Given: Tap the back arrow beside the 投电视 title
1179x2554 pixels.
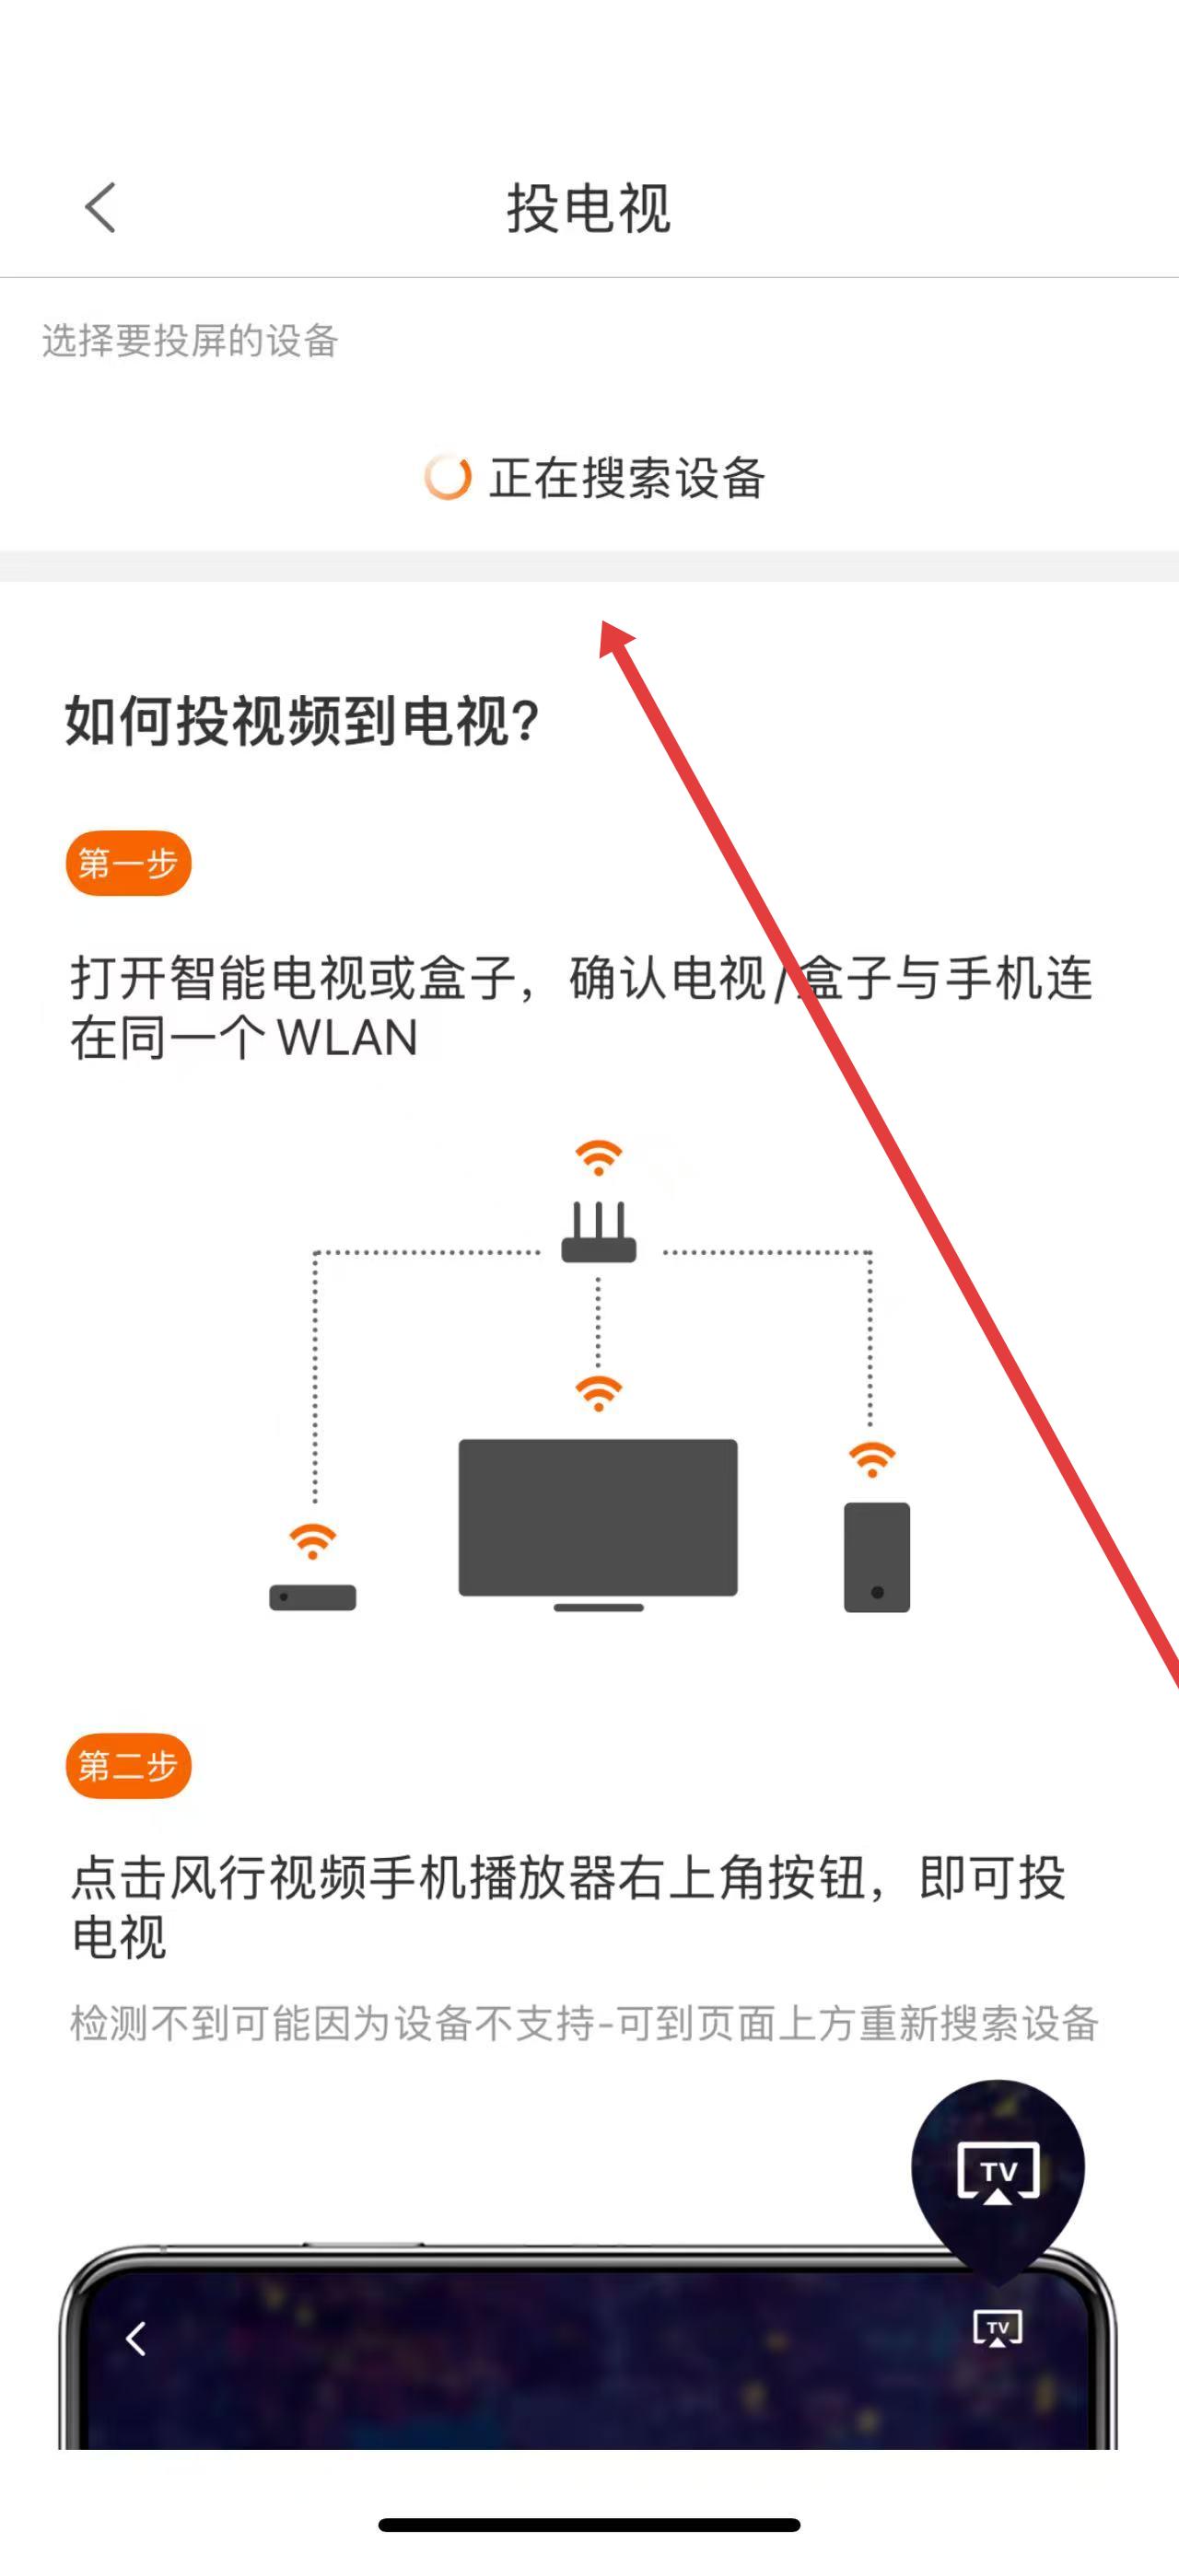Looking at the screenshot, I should pos(100,207).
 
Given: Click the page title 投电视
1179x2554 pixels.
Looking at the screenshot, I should pos(588,208).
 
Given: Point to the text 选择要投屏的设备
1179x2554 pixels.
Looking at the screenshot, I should pos(191,341).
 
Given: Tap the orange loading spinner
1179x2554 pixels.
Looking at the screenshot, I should pos(448,478).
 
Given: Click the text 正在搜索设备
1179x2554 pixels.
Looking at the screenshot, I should pos(626,478).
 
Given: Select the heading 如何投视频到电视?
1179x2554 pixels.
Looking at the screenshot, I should pos(302,721).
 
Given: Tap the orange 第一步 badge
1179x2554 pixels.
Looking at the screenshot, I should pos(128,864).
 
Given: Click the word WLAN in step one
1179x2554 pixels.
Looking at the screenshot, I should pos(347,1038).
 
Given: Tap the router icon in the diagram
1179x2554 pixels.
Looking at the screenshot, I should pos(598,1235).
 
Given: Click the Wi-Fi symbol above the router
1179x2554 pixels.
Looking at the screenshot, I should pos(598,1157).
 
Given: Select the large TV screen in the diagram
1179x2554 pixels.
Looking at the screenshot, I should pos(598,1517).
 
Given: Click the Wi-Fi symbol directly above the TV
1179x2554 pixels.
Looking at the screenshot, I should pos(598,1393).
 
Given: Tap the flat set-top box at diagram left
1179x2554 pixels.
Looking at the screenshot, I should pos(312,1597).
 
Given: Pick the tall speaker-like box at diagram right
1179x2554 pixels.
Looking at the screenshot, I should pos(877,1557).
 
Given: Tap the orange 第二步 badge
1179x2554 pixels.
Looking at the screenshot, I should pos(128,1766).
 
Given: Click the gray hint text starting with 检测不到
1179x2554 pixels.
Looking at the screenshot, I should pos(584,2024).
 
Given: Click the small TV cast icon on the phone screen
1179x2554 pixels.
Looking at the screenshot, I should pos(998,2328).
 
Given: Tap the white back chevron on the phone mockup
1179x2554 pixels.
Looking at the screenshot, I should pos(135,2338).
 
